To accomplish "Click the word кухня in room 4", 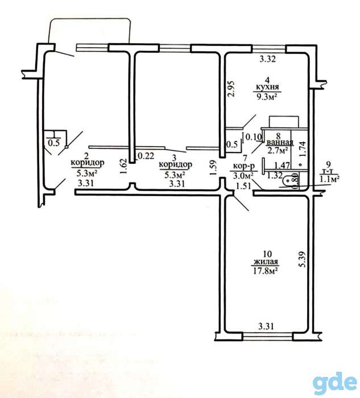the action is (x=267, y=88).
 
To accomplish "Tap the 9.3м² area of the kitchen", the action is (x=267, y=96).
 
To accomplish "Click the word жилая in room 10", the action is (x=266, y=262).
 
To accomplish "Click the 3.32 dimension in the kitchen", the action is (x=267, y=59).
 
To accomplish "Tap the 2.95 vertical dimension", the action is (x=231, y=89).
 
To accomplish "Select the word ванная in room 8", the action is (x=279, y=143).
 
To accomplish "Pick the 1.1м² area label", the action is (x=330, y=179).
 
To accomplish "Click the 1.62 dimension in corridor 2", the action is (x=123, y=167).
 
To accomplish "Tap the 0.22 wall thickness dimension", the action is (x=146, y=156).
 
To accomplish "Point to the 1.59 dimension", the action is (x=213, y=167).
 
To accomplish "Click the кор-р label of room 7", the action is (x=244, y=166).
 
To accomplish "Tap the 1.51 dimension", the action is (x=243, y=186).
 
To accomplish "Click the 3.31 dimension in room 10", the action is (x=266, y=326).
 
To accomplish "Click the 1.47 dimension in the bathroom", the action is (x=282, y=166).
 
